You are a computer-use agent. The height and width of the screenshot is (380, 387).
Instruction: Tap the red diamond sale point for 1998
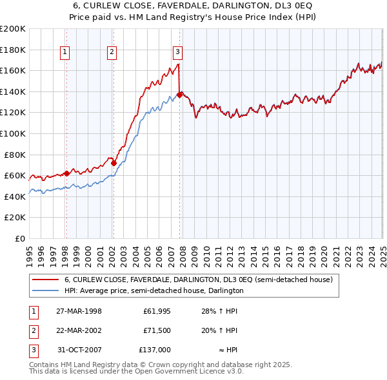click(66, 173)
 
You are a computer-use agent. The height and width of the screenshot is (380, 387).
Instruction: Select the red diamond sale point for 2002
click(113, 164)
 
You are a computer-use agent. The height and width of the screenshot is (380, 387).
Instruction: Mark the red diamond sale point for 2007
click(179, 95)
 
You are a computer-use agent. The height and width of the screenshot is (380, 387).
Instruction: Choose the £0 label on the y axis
click(19, 238)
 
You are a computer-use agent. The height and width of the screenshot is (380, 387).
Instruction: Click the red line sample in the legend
click(45, 280)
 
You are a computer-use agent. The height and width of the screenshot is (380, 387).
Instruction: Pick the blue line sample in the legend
click(45, 290)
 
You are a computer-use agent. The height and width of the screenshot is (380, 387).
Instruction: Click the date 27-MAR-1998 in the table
click(79, 311)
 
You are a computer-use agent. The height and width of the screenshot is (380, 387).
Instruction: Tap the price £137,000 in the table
click(154, 350)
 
